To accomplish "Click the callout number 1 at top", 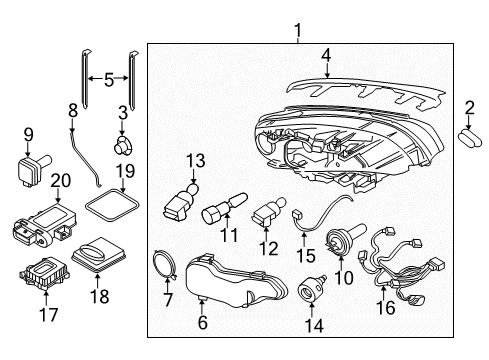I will [x=297, y=35].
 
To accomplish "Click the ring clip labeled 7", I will [x=164, y=264].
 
